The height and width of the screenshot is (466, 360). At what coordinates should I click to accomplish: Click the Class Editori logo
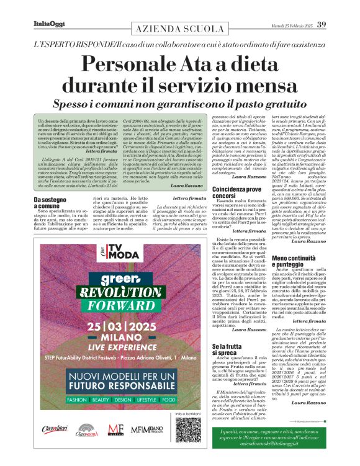click(x=54, y=446)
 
